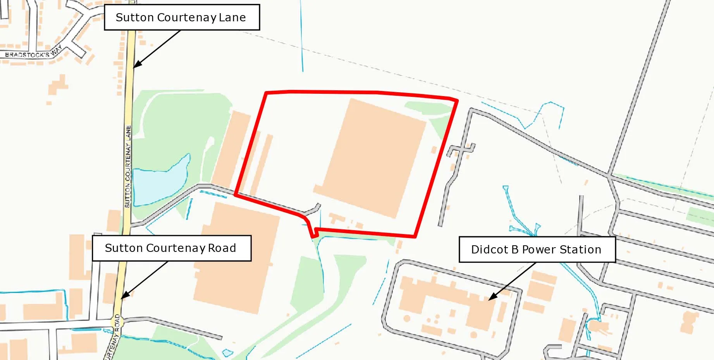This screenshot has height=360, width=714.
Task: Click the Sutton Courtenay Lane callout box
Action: coord(181,17)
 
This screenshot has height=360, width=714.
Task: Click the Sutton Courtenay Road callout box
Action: coord(171,248)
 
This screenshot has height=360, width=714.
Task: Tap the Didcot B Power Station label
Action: coord(537,250)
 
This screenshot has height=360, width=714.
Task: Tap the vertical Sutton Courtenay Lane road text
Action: coord(128,167)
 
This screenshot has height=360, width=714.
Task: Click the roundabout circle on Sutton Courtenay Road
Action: coord(117,321)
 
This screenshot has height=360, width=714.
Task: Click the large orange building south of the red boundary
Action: coord(236,258)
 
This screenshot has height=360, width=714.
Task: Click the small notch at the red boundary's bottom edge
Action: coord(315,233)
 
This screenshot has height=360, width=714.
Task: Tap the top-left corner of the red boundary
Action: coord(266,93)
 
